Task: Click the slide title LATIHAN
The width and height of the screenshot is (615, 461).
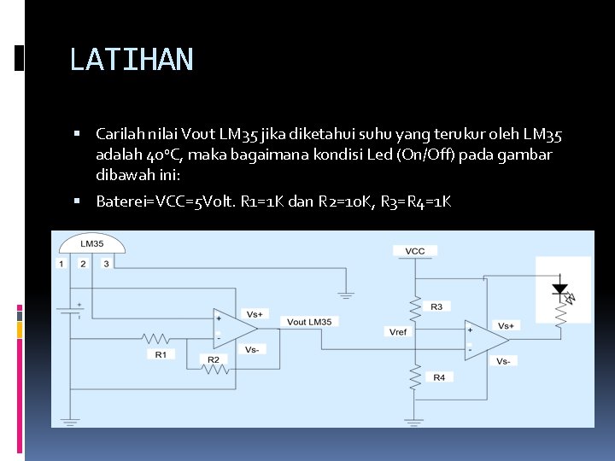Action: coord(132,60)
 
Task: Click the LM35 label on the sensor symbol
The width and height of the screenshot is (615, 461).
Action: coord(91,244)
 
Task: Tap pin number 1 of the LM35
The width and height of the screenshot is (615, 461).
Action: coord(61,264)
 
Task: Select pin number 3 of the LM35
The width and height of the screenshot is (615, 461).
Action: coord(106,264)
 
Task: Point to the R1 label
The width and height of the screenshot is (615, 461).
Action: coord(160,353)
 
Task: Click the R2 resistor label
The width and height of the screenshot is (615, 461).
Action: coord(213,359)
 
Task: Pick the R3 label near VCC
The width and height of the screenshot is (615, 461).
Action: coord(436,306)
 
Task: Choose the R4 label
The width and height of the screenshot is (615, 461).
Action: coord(438,376)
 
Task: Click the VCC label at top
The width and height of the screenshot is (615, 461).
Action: coord(414,251)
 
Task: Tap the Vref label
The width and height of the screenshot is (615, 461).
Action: coord(398,331)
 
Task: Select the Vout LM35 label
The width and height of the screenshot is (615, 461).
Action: coord(308,321)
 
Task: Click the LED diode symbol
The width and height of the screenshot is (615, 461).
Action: coord(560,289)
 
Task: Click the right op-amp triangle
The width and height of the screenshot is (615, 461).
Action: coord(486,340)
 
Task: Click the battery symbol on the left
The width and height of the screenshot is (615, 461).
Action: coord(71,310)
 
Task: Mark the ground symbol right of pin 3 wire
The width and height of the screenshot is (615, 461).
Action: coord(345,295)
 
